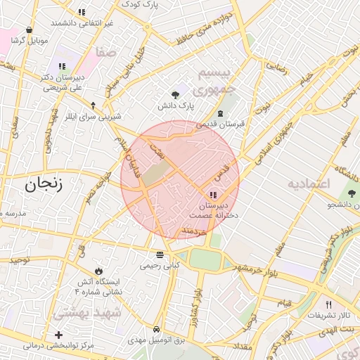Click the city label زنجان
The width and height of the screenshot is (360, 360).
tap(44, 185)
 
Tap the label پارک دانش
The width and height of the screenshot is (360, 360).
tap(175, 105)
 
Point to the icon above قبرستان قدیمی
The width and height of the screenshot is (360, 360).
tap(221, 113)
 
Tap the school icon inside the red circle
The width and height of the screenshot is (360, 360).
tap(213, 195)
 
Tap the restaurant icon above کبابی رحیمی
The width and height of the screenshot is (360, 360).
tap(160, 255)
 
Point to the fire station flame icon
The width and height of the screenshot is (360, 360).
tap(98, 271)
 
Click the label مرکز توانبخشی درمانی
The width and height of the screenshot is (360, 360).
tap(59, 346)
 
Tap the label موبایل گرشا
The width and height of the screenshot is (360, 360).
tap(29, 40)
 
